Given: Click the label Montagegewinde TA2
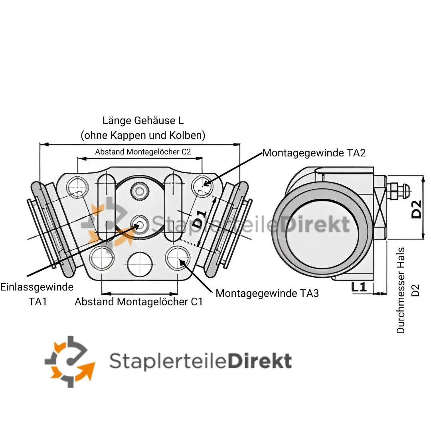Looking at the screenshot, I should point(314,152).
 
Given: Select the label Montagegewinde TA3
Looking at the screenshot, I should point(267,293).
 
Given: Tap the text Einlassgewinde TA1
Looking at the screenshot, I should point(37,294).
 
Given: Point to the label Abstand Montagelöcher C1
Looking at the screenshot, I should point(138,302).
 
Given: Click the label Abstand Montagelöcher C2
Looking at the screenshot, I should point(143,152).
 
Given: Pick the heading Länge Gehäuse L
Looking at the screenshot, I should point(143,121).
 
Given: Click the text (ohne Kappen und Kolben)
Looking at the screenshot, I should point(143,135).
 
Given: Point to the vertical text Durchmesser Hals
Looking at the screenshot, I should point(401,291).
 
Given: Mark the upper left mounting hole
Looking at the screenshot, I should point(78,186).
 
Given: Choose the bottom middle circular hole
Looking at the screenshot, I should point(140,263).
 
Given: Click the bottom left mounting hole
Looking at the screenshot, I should point(102,259).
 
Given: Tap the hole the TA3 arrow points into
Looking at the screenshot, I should point(178,258).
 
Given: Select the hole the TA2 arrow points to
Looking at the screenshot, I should point(202,186).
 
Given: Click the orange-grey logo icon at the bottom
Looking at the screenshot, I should point(70,361).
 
